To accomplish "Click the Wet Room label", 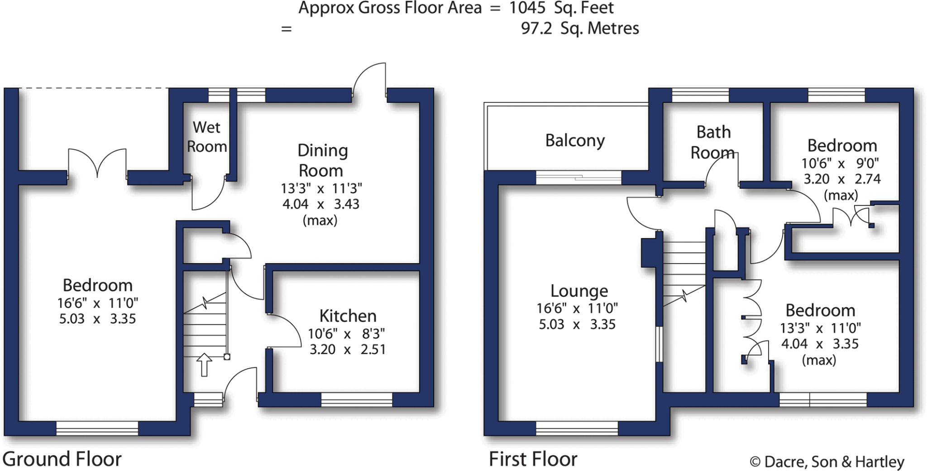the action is (x=207, y=137).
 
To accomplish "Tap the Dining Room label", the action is (x=322, y=160).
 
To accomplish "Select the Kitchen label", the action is (x=348, y=316).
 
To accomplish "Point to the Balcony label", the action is (x=575, y=141).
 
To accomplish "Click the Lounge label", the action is (x=579, y=291).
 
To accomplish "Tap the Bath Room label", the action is (x=713, y=142).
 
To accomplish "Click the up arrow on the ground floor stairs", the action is (x=204, y=365).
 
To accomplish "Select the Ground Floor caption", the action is (x=62, y=459).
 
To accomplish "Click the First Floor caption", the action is (x=533, y=459).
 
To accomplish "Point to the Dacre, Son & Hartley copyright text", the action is (x=827, y=462).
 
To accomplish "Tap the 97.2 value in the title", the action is (x=536, y=29).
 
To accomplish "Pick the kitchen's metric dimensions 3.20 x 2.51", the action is (x=347, y=350).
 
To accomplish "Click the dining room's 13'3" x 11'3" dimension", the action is (x=321, y=188).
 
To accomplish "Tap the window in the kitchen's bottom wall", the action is (x=357, y=399).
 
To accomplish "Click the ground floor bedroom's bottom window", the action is (x=97, y=428).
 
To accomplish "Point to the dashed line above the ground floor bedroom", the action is (x=94, y=88).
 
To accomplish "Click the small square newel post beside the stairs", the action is (x=227, y=357).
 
